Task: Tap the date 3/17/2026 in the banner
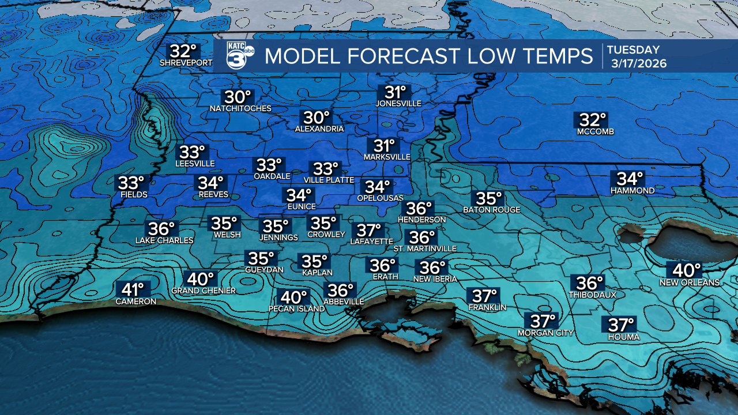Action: coord(638,64)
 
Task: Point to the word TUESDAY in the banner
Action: coord(632,50)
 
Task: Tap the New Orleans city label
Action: coord(690,282)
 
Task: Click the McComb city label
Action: coord(596,132)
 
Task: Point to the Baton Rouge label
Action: coord(492,210)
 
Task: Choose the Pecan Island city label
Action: coord(296,308)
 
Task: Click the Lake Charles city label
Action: coord(164,240)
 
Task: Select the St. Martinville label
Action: coord(424,248)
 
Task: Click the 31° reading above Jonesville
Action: coord(396,92)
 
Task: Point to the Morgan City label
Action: coord(545,333)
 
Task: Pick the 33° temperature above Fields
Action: coord(131,183)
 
